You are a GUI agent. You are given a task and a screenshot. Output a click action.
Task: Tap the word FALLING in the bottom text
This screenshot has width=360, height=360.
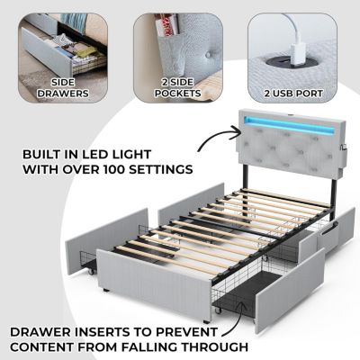click(148, 346)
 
